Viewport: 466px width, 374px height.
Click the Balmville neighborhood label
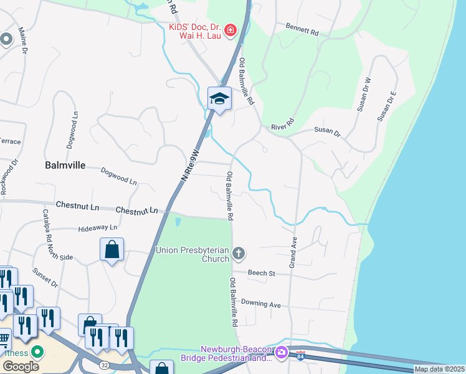click(64, 166)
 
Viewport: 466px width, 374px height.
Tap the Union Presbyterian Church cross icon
click(238, 253)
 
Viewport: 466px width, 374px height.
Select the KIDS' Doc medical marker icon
click(230, 29)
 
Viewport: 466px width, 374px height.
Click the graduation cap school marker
click(219, 98)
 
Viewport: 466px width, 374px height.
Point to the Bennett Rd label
click(302, 29)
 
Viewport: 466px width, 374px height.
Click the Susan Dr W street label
click(364, 94)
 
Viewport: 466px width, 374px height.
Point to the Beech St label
click(261, 273)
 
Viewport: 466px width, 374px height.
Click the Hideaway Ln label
click(98, 229)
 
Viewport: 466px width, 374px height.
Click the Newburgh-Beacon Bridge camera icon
click(281, 353)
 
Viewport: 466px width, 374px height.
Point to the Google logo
click(21, 366)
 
